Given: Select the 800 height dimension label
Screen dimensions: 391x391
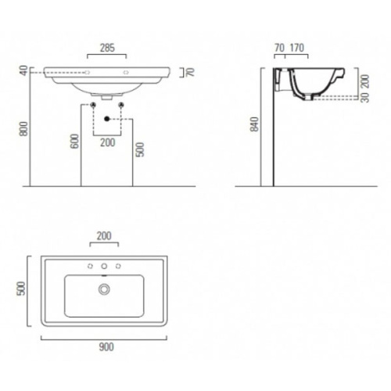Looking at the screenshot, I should [x=23, y=129].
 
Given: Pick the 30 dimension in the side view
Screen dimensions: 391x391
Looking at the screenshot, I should [x=363, y=99].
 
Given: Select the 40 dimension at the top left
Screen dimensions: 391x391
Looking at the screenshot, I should [x=23, y=70].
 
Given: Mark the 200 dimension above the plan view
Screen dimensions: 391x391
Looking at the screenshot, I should [x=105, y=235].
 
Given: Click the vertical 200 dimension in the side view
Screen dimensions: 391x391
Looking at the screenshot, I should [x=363, y=81].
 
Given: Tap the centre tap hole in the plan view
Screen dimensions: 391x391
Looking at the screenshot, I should [x=105, y=267].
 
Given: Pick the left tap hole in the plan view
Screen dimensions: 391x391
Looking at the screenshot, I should [x=91, y=267].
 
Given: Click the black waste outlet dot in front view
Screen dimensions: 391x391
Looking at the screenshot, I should [x=107, y=117].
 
